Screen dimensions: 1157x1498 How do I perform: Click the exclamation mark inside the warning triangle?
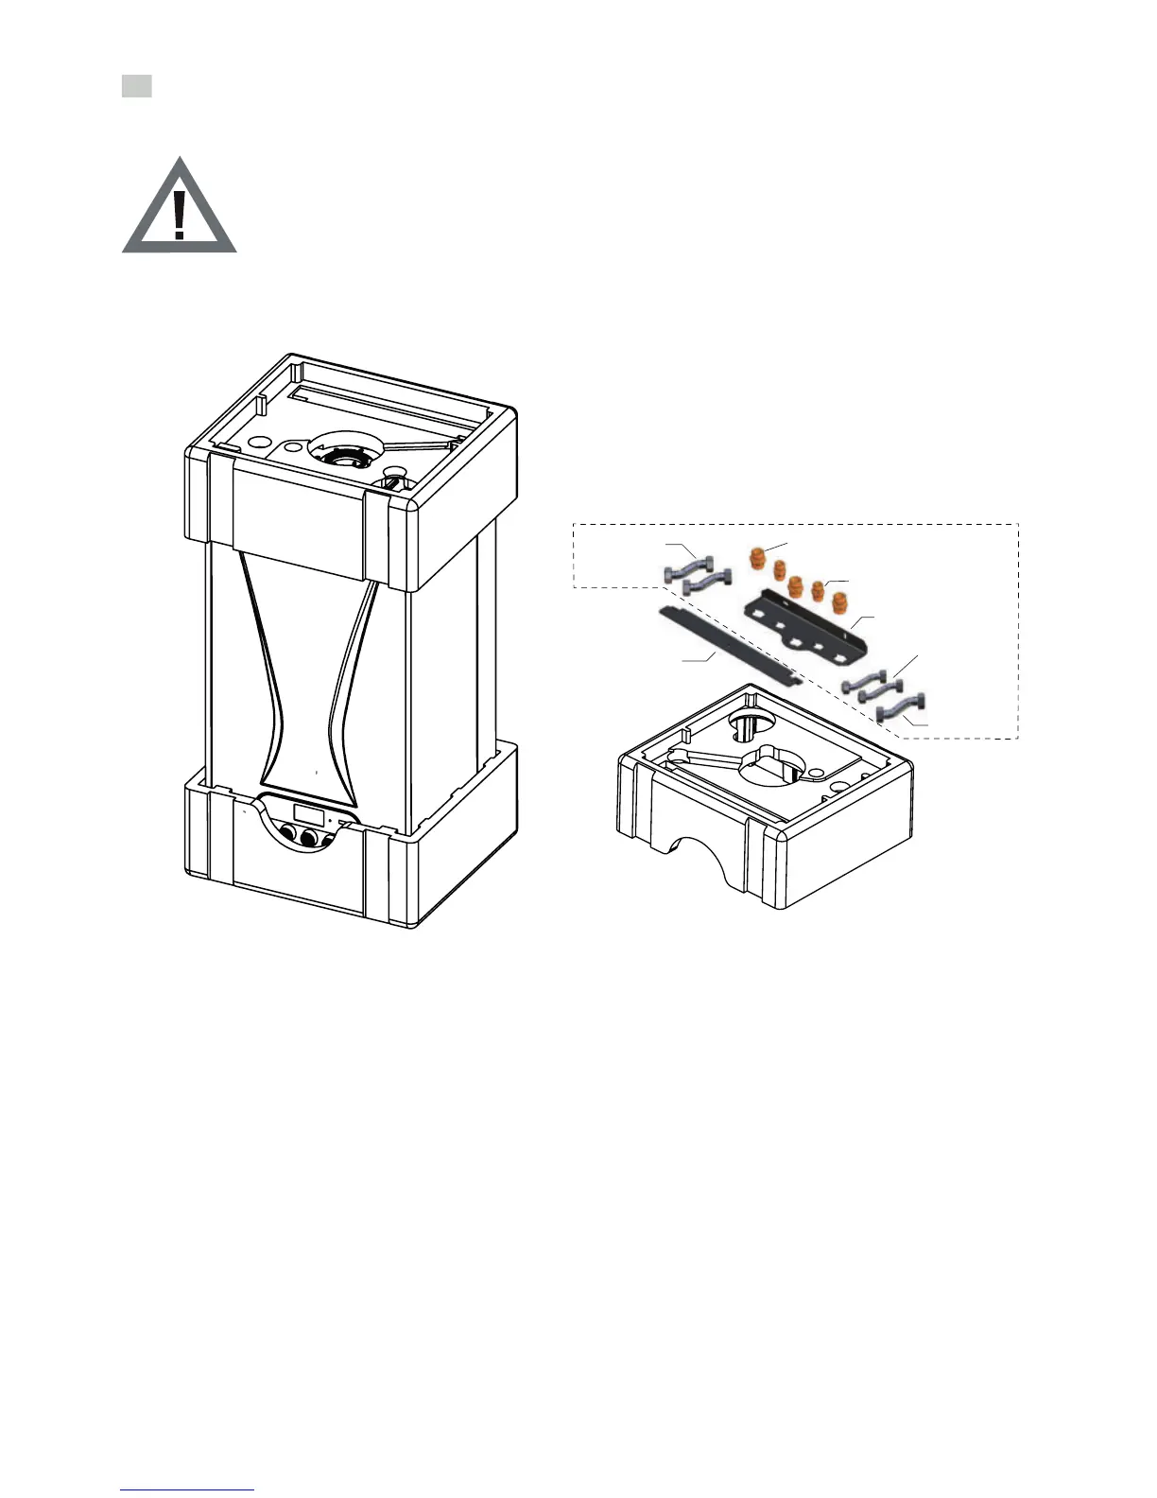180,214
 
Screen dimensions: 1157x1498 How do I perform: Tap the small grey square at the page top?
137,86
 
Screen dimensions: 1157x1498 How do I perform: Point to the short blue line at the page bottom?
187,1489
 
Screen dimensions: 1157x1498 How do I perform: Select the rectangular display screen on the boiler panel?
310,813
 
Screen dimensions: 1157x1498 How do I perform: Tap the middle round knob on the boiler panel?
307,839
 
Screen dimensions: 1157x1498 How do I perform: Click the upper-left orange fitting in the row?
757,557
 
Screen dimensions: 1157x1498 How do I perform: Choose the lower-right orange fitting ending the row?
838,601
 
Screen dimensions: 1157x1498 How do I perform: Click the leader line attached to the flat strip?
699,657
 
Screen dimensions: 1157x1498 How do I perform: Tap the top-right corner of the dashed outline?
1018,524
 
